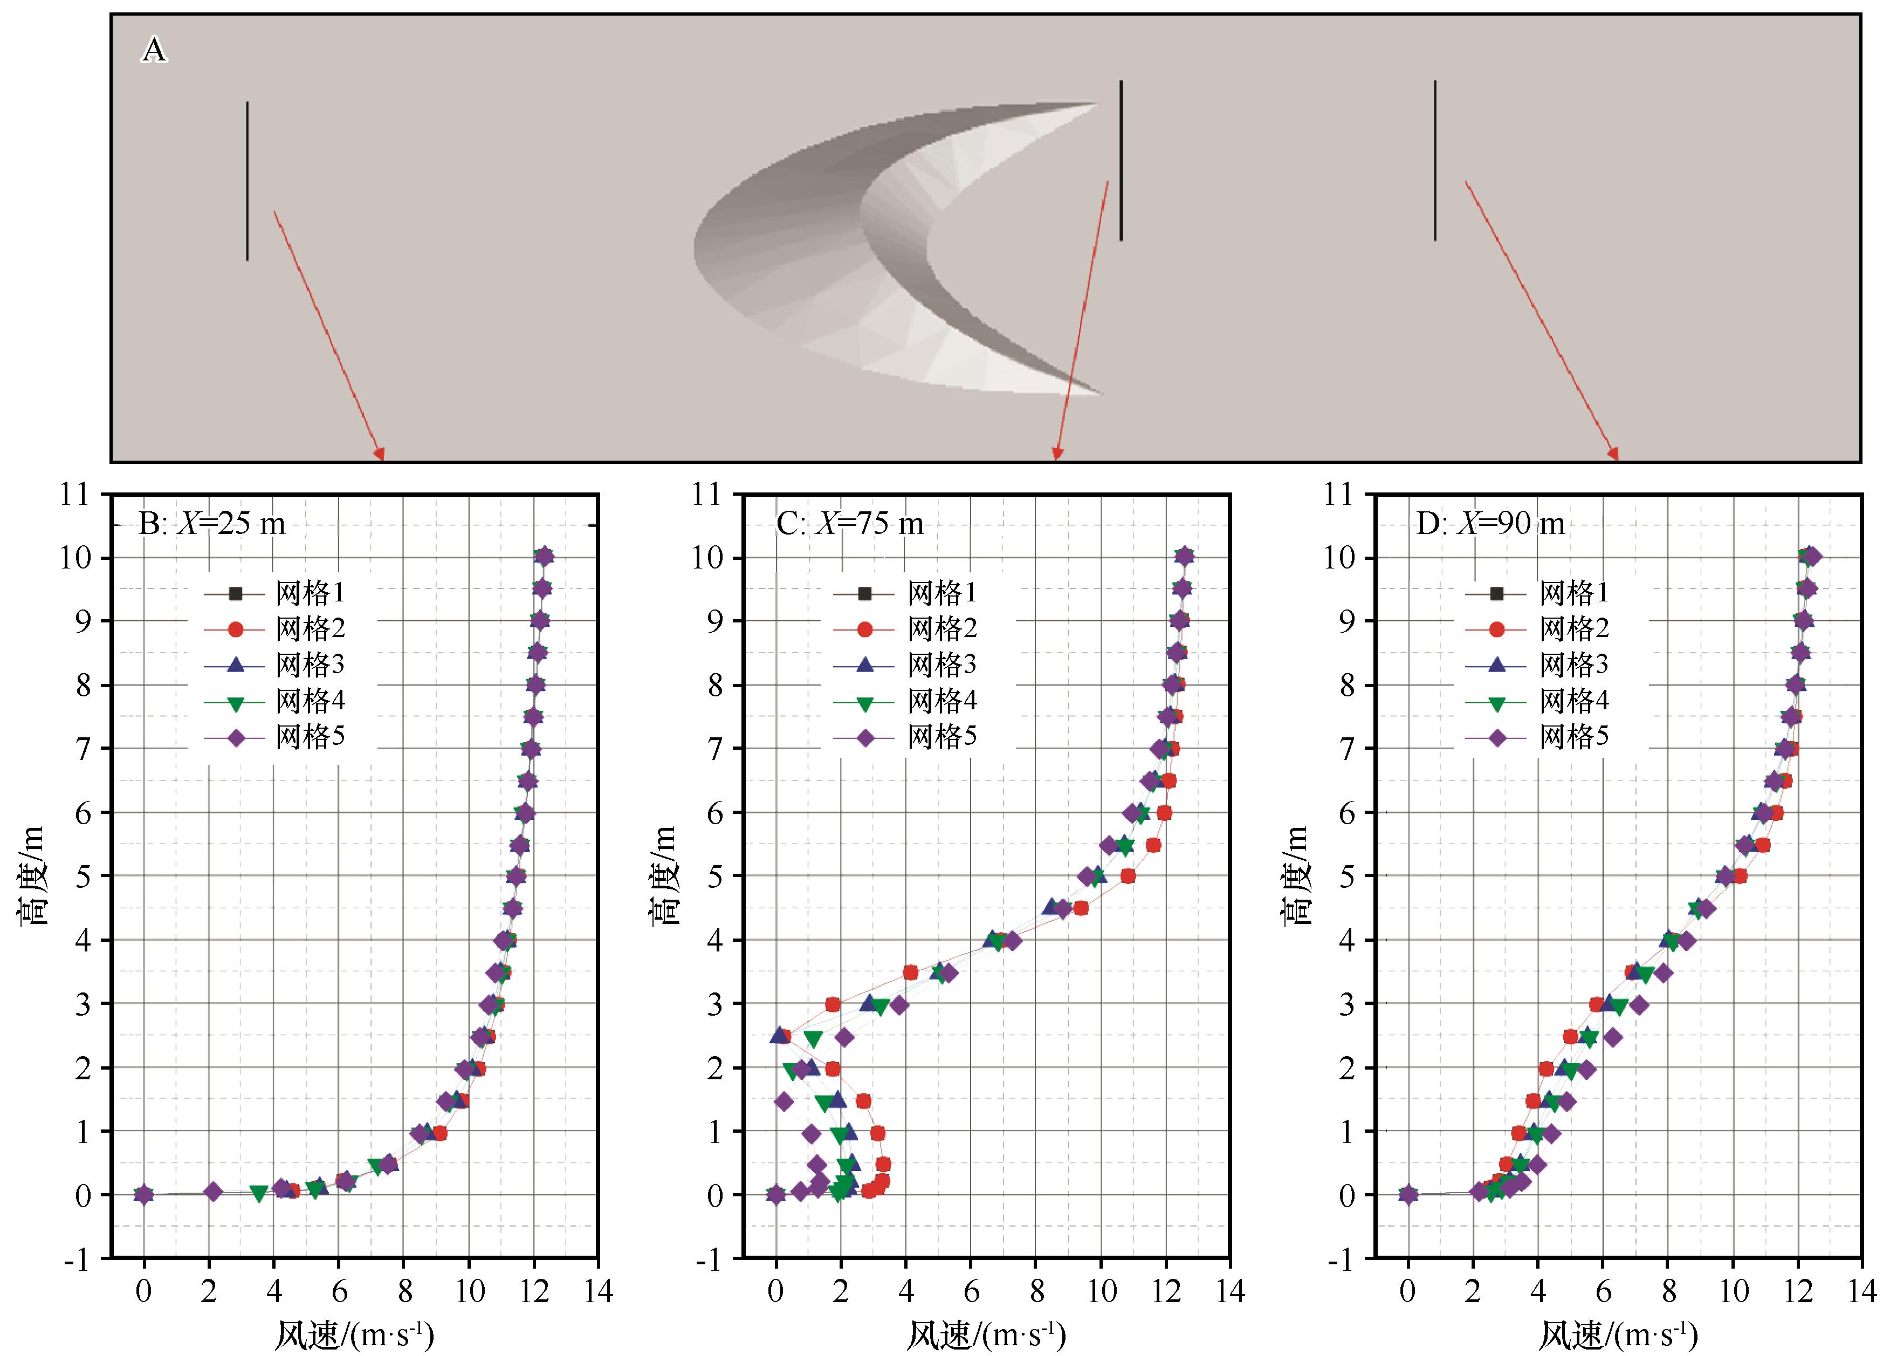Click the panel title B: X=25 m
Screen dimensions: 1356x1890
point(212,523)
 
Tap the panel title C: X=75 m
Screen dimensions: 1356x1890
point(850,523)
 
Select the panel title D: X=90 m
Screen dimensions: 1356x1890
point(1490,523)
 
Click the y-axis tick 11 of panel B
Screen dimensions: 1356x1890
point(73,494)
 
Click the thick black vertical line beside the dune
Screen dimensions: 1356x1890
point(1121,160)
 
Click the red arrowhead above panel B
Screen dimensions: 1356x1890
point(380,454)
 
